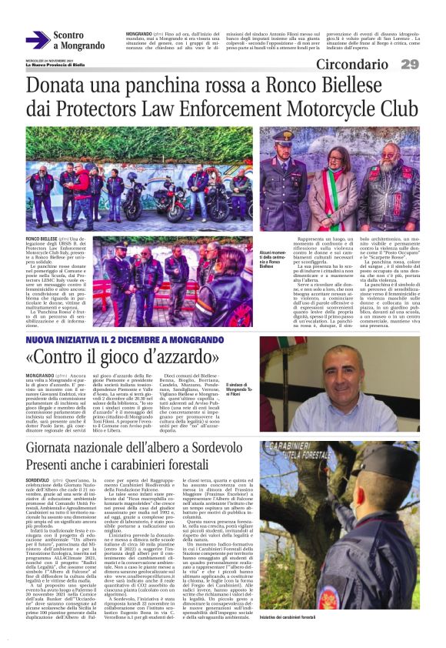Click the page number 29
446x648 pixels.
click(410, 64)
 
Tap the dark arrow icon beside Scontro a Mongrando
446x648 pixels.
click(37, 41)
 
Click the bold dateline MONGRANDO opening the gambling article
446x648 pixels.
click(42, 376)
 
